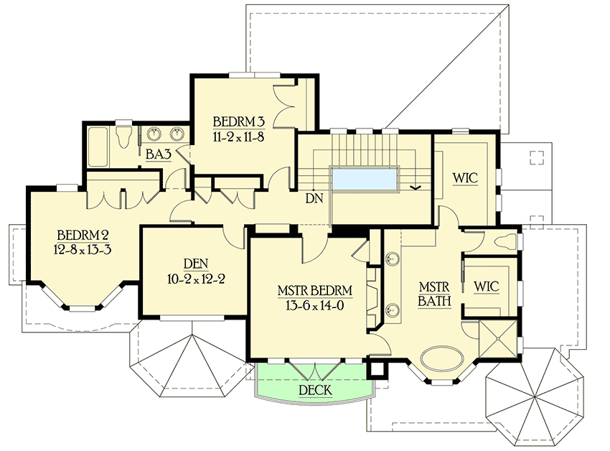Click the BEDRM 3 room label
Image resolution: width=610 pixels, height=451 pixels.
point(239,121)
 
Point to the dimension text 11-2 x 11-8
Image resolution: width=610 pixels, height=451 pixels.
point(239,136)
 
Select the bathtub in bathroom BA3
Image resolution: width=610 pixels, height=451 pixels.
point(98,145)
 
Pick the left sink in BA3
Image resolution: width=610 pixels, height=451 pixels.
point(154,134)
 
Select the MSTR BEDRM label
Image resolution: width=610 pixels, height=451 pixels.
point(315,291)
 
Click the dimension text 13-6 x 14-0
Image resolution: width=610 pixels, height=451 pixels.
point(315,305)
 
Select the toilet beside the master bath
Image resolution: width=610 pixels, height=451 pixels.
point(506,241)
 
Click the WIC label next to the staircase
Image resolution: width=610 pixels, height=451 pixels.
point(466,177)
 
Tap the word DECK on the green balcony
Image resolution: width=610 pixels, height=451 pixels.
point(316,390)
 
